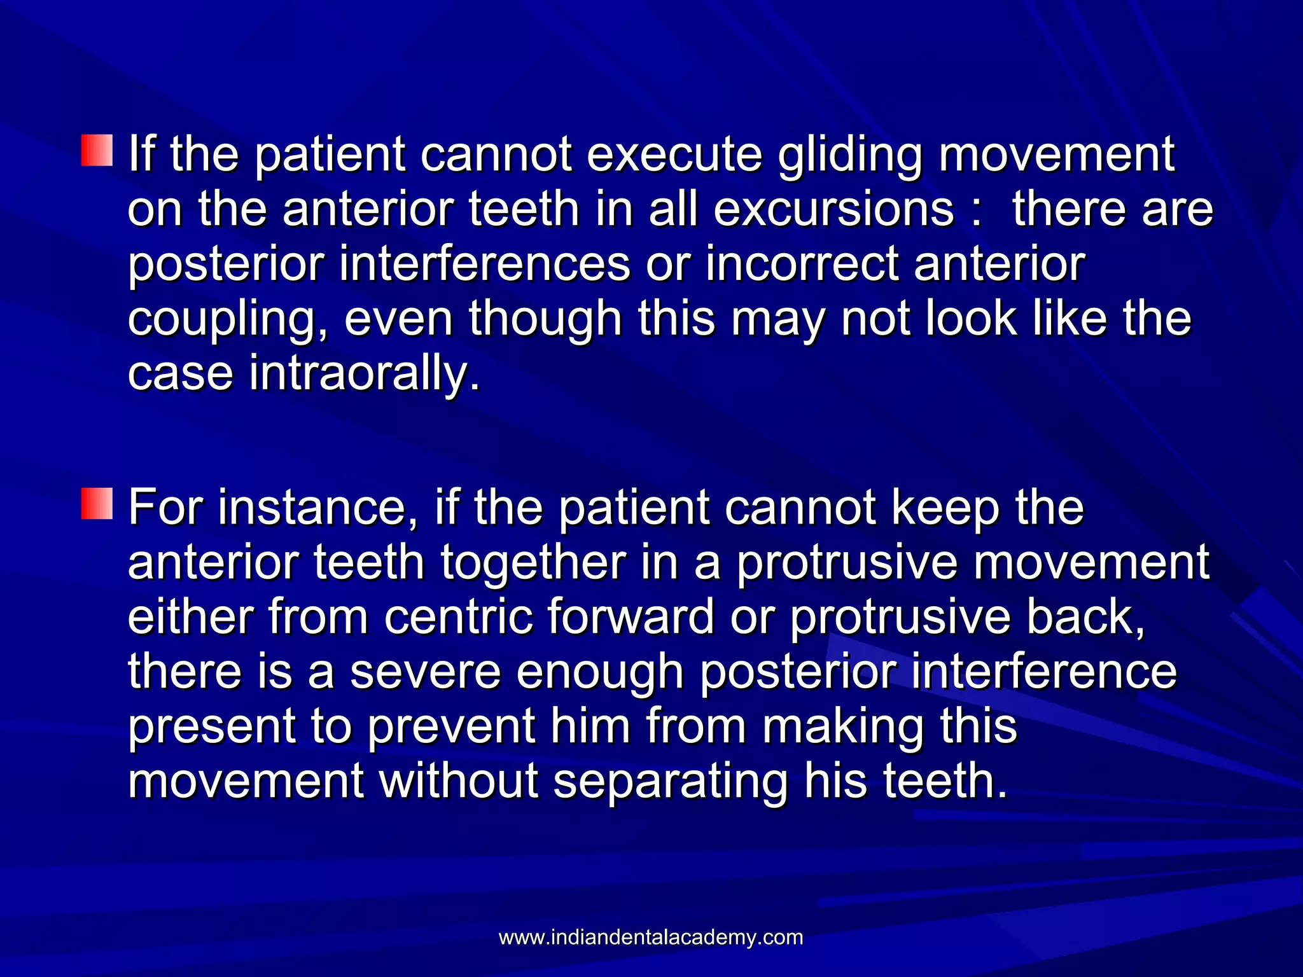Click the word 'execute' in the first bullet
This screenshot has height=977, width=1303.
tap(674, 156)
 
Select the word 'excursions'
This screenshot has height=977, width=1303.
tap(833, 210)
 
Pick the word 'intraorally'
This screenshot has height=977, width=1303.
tap(363, 374)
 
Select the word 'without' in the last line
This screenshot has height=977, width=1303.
tap(459, 781)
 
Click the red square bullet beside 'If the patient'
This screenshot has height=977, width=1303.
tap(97, 151)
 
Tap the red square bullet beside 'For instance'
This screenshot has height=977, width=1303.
tap(97, 504)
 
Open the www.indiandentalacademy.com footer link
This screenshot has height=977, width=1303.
tap(651, 937)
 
